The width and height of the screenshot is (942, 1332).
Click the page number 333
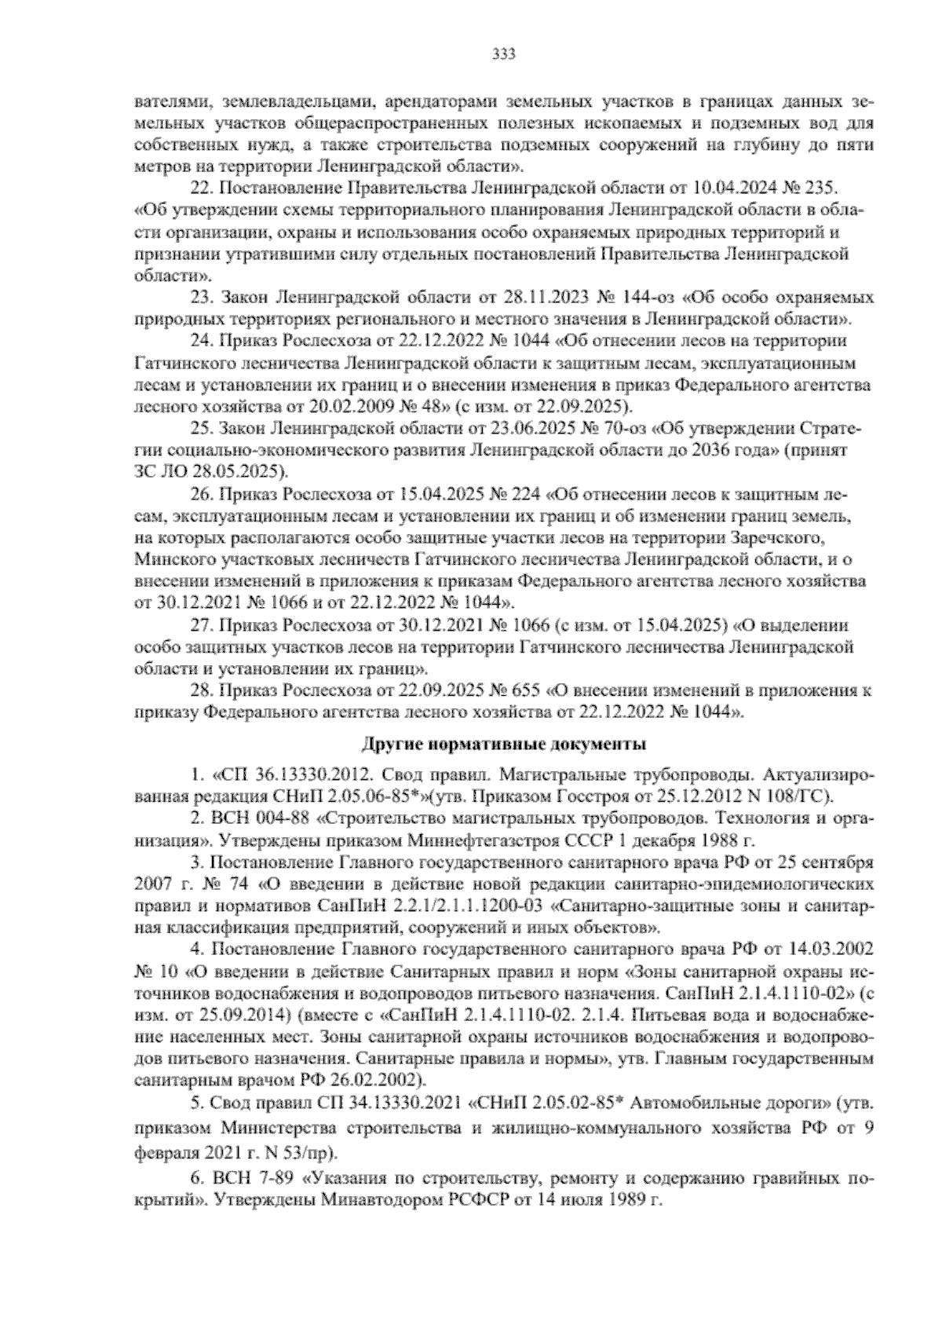coord(502,53)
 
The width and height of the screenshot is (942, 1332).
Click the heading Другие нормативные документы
coord(502,743)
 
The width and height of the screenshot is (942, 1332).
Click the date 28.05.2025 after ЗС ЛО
coord(246,472)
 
